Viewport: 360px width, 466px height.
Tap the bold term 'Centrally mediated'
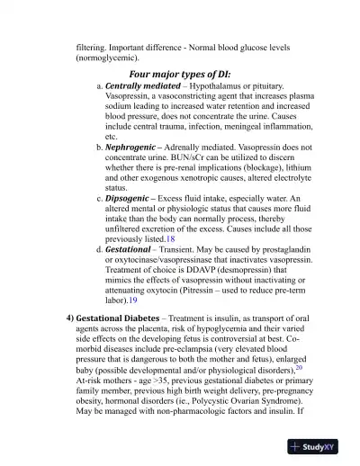(x=143, y=86)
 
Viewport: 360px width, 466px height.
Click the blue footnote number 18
(x=171, y=238)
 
